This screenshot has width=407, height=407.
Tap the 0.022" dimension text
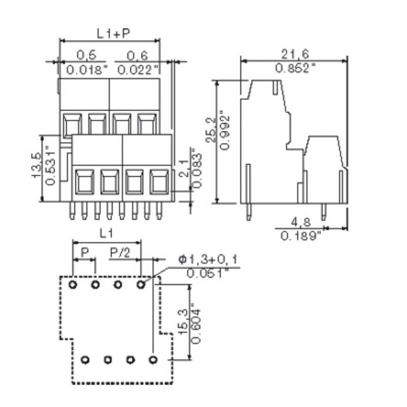coord(136,70)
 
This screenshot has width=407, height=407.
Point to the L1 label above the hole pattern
coord(106,234)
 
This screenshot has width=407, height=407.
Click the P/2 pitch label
coord(121,253)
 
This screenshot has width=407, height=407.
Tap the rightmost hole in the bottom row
coord(152,360)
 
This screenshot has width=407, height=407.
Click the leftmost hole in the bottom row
coord(85,360)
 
